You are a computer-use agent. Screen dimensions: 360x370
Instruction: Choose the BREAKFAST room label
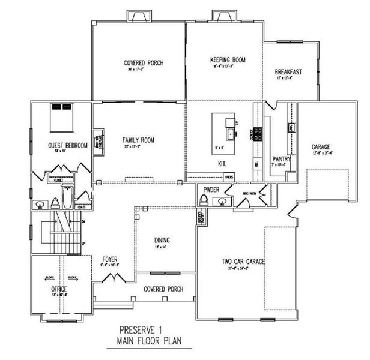click(x=288, y=72)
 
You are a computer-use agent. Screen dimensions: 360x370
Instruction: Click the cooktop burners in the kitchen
click(x=259, y=133)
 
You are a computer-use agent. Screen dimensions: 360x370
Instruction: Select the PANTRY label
click(x=281, y=159)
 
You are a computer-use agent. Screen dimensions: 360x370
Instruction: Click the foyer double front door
click(x=114, y=278)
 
